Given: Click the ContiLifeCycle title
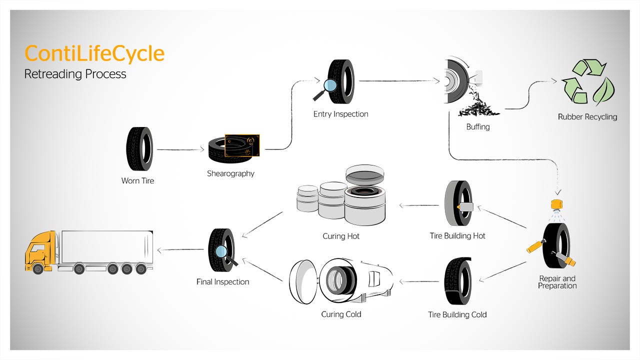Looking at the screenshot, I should tap(94, 53).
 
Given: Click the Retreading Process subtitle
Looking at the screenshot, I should tap(75, 74).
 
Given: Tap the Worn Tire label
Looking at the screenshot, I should tap(137, 180).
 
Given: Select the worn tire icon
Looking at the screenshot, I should tap(138, 148).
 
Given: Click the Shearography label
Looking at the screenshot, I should tap(230, 173).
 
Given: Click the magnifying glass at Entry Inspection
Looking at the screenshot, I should tap(329, 85).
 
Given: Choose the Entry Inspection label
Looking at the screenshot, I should tap(340, 114).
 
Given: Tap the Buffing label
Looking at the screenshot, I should tap(477, 127).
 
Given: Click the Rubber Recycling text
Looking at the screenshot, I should tap(587, 117).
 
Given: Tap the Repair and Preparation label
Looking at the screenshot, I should tap(557, 282).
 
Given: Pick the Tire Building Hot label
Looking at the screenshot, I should tap(457, 235).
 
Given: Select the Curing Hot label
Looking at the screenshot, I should tap(341, 236).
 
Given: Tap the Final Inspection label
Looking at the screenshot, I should tap(222, 282).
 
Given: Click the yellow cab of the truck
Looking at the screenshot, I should tap(40, 252).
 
